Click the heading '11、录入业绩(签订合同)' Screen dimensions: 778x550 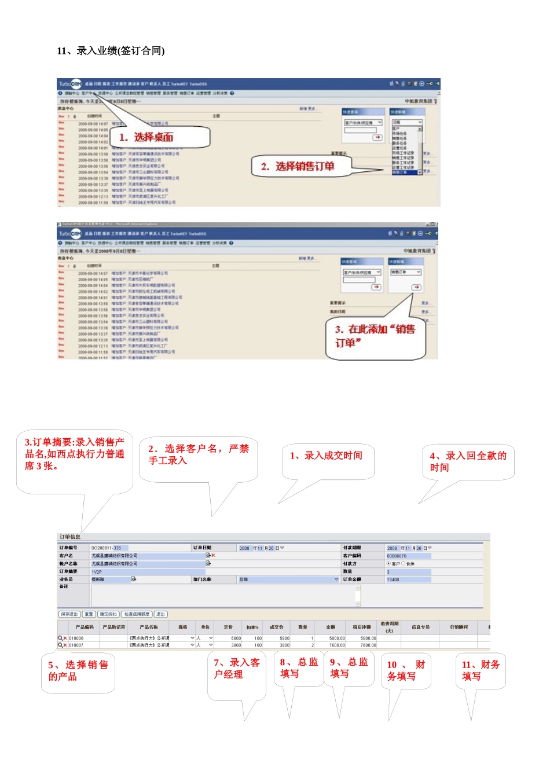click(x=111, y=51)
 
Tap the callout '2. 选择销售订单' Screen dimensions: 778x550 click(x=298, y=167)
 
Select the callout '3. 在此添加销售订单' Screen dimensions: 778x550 click(x=375, y=336)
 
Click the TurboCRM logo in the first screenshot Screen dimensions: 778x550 click(x=70, y=84)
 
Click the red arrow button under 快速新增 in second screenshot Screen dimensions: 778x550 click(x=416, y=288)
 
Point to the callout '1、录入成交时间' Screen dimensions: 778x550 click(x=326, y=456)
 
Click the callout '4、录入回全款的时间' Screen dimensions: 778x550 click(x=468, y=461)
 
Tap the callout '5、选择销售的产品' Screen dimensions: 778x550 click(x=78, y=670)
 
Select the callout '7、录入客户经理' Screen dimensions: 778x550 click(x=236, y=669)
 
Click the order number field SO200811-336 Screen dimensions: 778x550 click(x=109, y=548)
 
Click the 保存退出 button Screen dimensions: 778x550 click(x=69, y=614)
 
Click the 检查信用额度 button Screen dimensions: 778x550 click(x=137, y=614)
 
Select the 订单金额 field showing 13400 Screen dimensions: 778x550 click(x=408, y=579)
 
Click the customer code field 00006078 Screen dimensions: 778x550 click(x=408, y=556)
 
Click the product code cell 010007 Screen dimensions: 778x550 click(x=76, y=645)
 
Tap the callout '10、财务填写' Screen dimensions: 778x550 click(x=405, y=670)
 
